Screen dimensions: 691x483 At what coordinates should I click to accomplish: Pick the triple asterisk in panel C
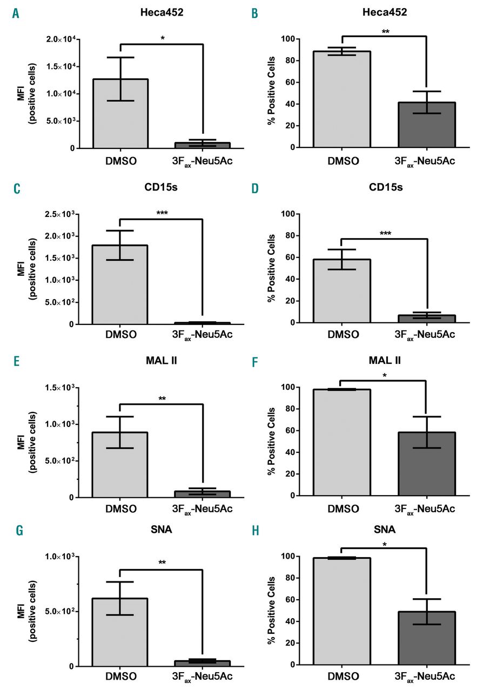(162, 213)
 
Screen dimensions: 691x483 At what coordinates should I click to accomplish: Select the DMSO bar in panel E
(119, 464)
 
